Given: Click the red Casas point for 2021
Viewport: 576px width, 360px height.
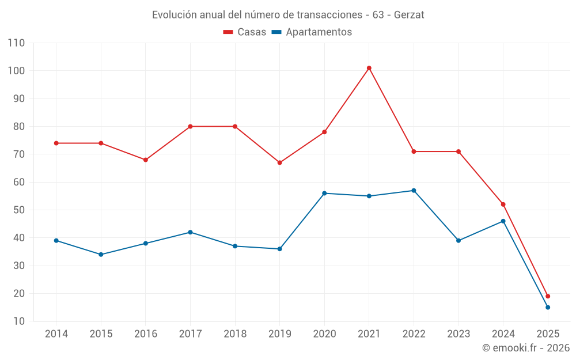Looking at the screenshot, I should pos(369,68).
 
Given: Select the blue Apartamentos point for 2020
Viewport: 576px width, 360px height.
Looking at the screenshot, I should pos(324,194).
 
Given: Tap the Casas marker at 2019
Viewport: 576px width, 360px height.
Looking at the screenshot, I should pos(280,162).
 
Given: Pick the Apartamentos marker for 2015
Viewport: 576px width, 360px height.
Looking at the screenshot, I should pos(101,255).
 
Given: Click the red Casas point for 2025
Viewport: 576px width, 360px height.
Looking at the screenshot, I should pos(548,296).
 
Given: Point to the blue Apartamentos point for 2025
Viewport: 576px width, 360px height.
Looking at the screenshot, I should pos(548,308).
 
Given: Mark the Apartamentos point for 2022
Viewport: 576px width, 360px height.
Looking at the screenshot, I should pos(414,191).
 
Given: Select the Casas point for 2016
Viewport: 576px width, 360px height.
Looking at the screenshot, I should pos(146,160).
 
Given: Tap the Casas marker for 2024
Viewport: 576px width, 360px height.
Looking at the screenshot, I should pos(503,204).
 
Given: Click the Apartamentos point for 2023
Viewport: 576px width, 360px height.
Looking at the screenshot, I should pos(458,241).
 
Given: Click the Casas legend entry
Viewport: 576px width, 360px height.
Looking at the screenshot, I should pos(245,32).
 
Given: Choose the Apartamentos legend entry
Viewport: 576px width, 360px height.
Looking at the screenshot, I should pos(312,32).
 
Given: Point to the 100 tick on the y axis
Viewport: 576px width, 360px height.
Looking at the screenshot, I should pos(16,71).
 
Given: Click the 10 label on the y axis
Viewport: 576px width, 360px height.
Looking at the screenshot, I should pos(19,321).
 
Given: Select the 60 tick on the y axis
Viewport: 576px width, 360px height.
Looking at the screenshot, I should pos(19,182).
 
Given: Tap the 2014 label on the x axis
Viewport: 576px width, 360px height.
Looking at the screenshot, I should pos(56,334).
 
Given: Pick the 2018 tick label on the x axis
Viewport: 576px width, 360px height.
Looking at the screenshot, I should pos(235,334).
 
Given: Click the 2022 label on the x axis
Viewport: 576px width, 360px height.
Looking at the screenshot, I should pos(414,334).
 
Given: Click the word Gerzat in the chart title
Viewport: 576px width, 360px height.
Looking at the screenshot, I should pos(409,15).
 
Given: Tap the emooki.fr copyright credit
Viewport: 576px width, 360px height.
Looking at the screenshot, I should pos(526,348).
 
